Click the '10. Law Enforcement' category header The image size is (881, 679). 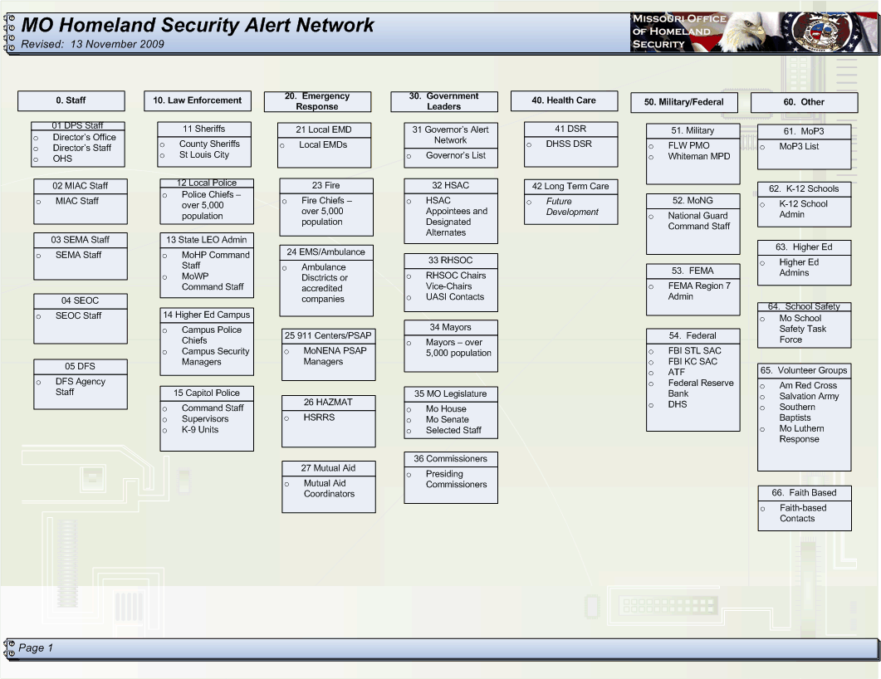pos(198,100)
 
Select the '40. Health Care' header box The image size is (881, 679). pos(564,100)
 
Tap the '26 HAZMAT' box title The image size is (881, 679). pos(328,402)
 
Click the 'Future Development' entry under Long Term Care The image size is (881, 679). pos(572,207)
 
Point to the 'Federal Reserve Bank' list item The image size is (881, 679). pos(701,388)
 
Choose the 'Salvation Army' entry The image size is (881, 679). pos(809,396)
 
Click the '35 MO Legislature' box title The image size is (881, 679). pos(451,393)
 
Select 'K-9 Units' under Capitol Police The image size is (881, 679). pos(200,430)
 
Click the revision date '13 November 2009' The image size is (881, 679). pos(117,44)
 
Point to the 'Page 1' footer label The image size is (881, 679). pos(36,647)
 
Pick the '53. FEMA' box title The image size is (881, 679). pos(693,271)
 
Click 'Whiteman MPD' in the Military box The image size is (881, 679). pos(699,156)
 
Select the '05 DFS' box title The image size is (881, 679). pos(80,366)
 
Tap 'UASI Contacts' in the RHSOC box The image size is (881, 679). pos(454,296)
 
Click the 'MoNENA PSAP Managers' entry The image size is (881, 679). pos(335,356)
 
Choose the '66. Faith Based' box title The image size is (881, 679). pos(804,492)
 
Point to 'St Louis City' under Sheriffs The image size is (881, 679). pos(204,154)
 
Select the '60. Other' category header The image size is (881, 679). pos(804,102)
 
